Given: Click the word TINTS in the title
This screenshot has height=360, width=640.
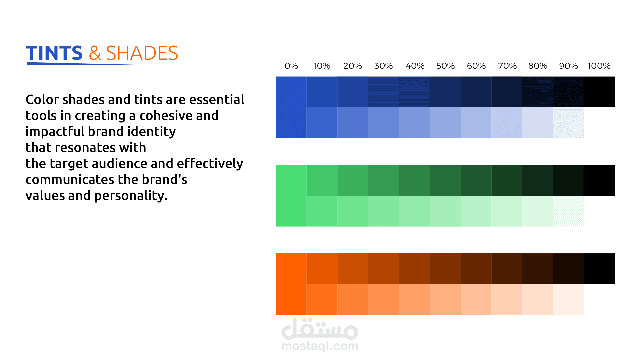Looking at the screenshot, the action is [x=54, y=53].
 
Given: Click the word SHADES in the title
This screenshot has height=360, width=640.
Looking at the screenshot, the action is [x=142, y=53].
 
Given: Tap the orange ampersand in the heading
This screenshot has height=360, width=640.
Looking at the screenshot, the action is [x=95, y=53].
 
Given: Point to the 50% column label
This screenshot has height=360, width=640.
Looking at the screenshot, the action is [x=445, y=66].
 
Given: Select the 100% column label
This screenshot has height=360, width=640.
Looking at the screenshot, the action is [x=599, y=66].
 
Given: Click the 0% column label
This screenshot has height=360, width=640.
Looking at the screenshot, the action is [x=291, y=66].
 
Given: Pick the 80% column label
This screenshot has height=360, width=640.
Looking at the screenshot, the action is [x=538, y=66].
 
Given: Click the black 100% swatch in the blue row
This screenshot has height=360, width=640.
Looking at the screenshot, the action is [x=599, y=92].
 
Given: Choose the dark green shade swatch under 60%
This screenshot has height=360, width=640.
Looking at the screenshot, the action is [x=476, y=180].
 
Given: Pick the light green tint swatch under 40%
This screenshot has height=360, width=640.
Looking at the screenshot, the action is [x=414, y=211].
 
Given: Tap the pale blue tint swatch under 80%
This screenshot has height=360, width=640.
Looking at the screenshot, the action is [x=538, y=123].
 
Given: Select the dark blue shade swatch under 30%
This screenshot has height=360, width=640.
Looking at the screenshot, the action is [x=384, y=92].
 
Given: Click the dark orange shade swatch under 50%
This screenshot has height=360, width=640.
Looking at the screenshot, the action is [x=445, y=269].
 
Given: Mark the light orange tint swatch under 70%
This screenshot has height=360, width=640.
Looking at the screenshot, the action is [x=507, y=299].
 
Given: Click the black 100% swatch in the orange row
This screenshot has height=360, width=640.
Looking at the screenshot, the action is [x=599, y=269].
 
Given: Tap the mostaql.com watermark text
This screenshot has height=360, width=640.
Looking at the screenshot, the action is [x=320, y=346].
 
